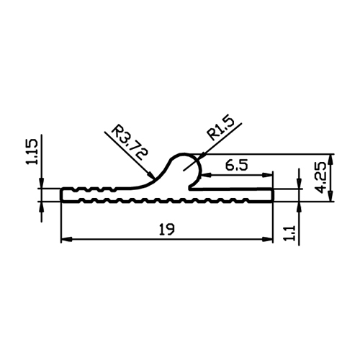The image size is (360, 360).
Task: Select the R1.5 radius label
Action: [x=220, y=129]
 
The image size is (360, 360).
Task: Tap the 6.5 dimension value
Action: [x=236, y=166]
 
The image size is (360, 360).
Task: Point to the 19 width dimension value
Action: [x=166, y=229]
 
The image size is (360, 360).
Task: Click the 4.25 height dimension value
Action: [x=322, y=177]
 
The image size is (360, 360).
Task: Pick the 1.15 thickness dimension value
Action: [x=32, y=152]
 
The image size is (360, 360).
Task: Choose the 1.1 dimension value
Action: [x=290, y=233]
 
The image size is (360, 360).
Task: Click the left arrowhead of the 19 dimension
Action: [x=66, y=239]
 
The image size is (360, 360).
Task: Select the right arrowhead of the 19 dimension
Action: [x=268, y=239]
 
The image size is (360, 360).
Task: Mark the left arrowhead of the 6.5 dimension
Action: [x=206, y=175]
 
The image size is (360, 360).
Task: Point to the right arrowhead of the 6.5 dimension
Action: [x=268, y=175]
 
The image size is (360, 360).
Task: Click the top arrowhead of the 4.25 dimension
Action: [x=331, y=159]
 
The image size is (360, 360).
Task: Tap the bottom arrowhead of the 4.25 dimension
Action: [x=331, y=196]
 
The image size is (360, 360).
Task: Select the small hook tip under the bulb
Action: [x=191, y=187]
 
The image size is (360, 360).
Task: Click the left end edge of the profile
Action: [x=61, y=195]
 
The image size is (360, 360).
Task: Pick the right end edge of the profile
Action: [x=273, y=195]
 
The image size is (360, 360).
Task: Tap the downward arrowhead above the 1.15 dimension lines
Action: [x=42, y=183]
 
